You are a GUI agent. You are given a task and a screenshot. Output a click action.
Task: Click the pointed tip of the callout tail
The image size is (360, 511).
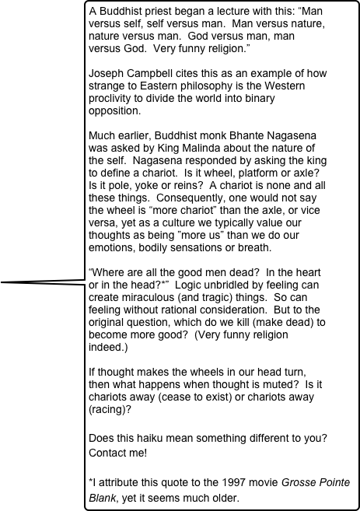click(x=2, y=283)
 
